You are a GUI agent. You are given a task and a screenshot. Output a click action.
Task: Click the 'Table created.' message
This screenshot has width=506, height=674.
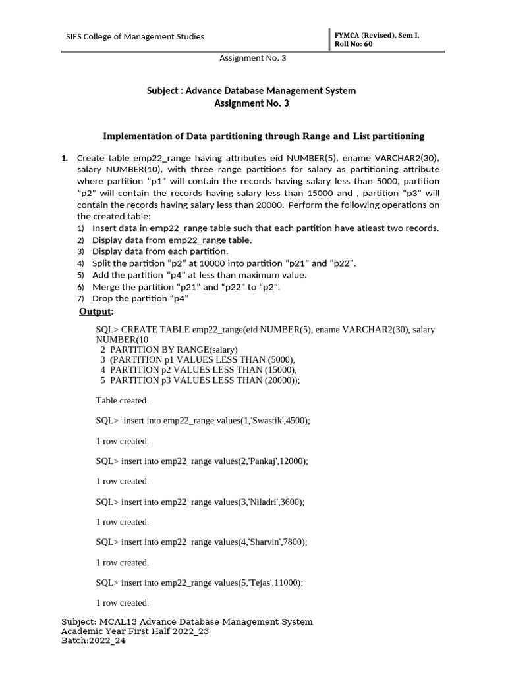(122, 400)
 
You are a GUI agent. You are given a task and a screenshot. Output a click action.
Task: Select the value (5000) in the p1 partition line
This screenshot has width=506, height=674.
(278, 359)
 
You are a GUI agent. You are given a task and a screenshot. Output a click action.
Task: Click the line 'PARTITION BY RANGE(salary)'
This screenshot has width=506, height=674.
(173, 349)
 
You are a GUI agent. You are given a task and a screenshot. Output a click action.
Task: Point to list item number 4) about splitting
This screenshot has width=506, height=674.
(224, 263)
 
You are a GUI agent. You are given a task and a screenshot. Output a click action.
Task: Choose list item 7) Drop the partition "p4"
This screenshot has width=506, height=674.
(140, 299)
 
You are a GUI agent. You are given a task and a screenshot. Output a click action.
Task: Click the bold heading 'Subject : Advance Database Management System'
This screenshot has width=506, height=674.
(251, 91)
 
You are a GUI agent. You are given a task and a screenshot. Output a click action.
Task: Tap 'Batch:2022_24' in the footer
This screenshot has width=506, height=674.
(93, 641)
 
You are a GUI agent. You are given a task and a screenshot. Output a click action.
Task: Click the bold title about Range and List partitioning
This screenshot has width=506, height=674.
(264, 136)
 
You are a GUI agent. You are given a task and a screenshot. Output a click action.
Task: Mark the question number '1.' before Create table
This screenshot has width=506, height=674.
(65, 159)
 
